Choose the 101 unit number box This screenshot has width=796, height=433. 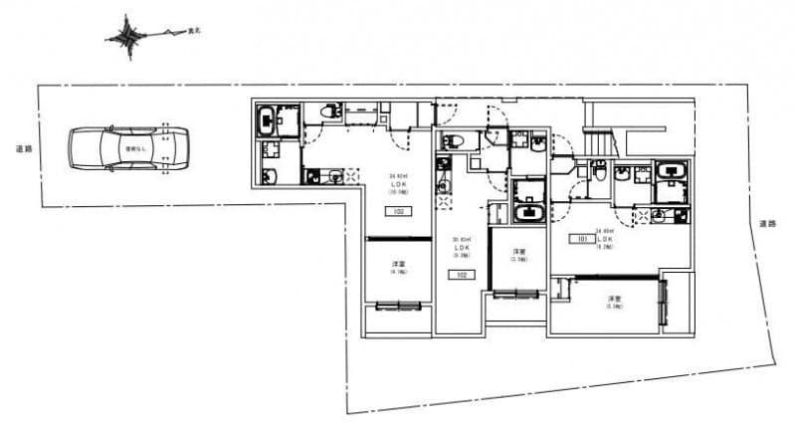coord(578,240)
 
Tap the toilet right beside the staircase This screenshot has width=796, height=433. coord(600,171)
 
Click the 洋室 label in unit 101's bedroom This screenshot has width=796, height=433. coord(615,299)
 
